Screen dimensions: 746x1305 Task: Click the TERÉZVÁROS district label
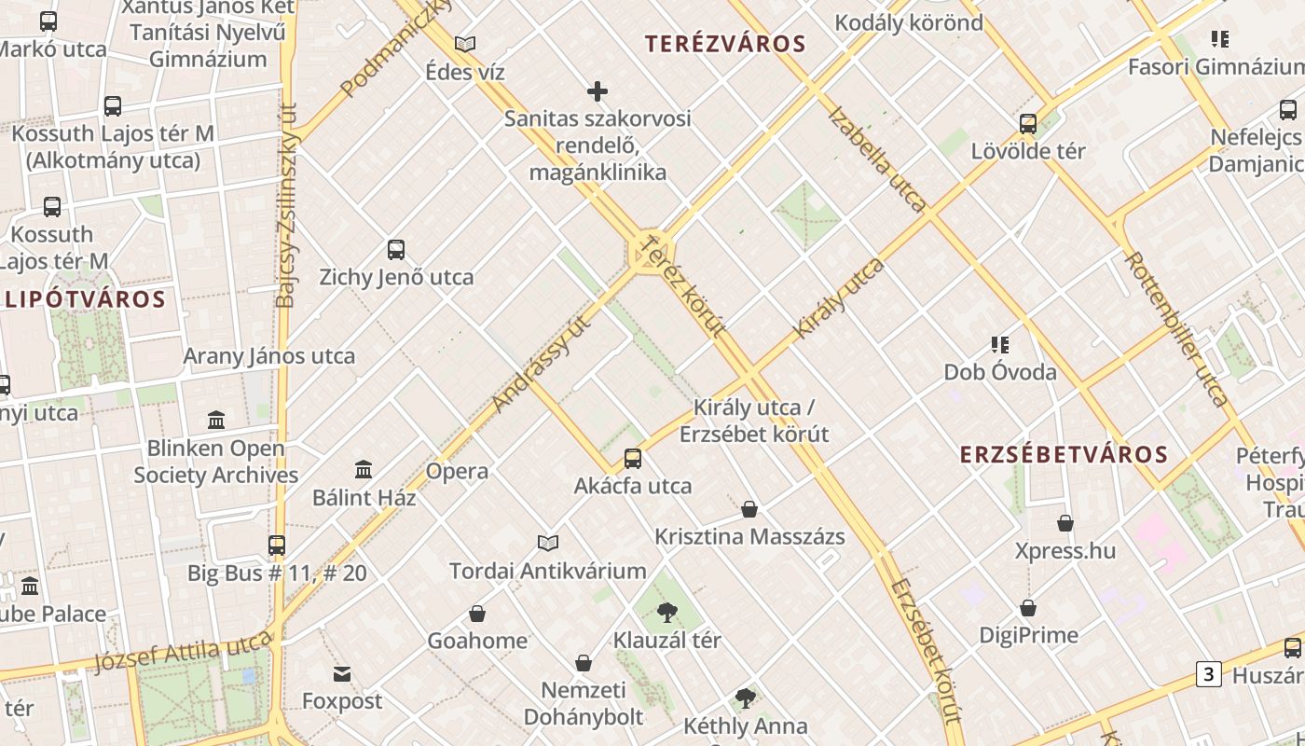pyautogui.click(x=725, y=44)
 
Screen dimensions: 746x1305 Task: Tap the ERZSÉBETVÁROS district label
pyautogui.click(x=1064, y=454)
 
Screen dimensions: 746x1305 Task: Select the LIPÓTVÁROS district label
pyautogui.click(x=85, y=299)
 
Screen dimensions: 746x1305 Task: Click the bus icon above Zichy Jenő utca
pyautogui.click(x=396, y=249)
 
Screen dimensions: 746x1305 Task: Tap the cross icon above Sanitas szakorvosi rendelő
pyautogui.click(x=598, y=91)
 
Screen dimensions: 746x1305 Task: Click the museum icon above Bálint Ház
pyautogui.click(x=364, y=469)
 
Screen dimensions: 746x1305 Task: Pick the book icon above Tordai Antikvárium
pyautogui.click(x=548, y=543)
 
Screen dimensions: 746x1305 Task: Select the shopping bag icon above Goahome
pyautogui.click(x=477, y=613)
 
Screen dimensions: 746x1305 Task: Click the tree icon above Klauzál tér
pyautogui.click(x=666, y=613)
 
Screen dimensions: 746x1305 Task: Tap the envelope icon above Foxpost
pyautogui.click(x=342, y=673)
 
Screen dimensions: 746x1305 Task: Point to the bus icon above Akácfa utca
pyautogui.click(x=633, y=458)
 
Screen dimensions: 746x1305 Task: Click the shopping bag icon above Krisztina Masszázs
pyautogui.click(x=749, y=509)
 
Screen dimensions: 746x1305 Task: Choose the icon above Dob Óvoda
pyautogui.click(x=1000, y=345)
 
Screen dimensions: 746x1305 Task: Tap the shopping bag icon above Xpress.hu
pyautogui.click(x=1065, y=523)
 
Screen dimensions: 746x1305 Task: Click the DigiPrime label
pyautogui.click(x=1028, y=635)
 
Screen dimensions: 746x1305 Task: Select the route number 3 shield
pyautogui.click(x=1209, y=673)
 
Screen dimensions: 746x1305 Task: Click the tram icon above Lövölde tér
pyautogui.click(x=1028, y=123)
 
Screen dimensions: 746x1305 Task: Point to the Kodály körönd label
pyautogui.click(x=909, y=22)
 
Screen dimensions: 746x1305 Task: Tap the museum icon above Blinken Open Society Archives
pyautogui.click(x=217, y=421)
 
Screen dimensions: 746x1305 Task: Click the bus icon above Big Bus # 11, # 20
pyautogui.click(x=277, y=545)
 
